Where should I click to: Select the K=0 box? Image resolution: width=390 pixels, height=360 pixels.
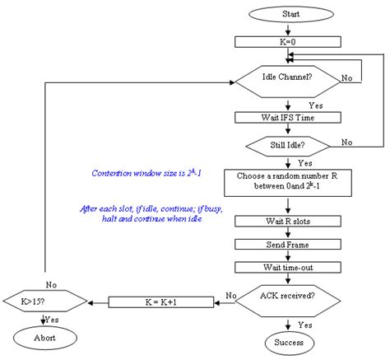pos(287,41)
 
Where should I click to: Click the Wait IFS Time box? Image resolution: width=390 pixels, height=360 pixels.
pos(287,117)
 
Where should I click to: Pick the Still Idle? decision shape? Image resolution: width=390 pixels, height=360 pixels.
pos(287,143)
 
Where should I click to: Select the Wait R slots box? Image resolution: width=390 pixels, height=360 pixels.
pos(287,222)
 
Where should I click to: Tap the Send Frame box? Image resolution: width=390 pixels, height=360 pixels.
pos(287,245)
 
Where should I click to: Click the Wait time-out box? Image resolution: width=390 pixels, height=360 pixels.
pos(287,267)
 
